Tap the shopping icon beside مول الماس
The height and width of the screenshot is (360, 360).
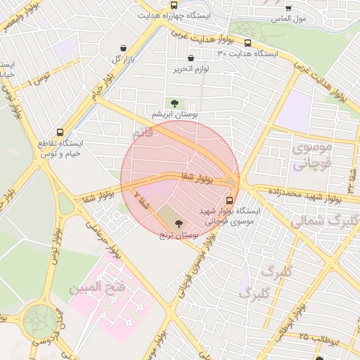288,8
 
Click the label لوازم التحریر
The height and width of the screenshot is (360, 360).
191,69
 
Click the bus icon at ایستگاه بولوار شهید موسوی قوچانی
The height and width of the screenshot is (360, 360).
230,200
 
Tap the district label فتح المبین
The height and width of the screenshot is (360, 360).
96,287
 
